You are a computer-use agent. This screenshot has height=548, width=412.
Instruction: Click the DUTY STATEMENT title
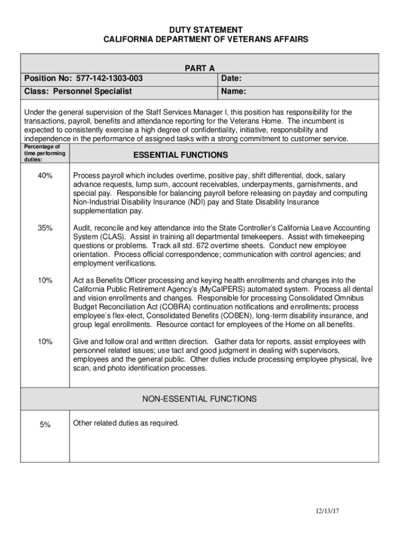206,29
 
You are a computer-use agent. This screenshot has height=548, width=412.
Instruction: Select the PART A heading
200,68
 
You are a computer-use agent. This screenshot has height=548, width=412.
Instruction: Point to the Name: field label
233,92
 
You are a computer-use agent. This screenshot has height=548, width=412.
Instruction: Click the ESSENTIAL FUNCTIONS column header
180,155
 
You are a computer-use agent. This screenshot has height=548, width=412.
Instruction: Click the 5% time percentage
45,424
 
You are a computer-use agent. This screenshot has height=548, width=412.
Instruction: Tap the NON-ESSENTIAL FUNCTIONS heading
199,399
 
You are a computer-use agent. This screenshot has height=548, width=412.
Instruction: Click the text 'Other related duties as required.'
126,423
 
